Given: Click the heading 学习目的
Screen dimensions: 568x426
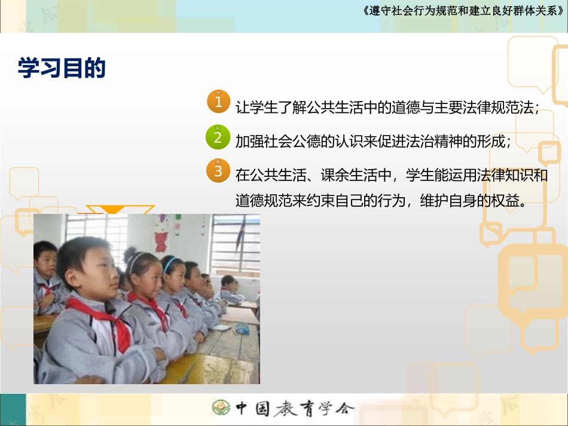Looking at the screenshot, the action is tap(62, 68).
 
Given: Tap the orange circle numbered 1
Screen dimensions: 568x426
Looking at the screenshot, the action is tap(218, 102).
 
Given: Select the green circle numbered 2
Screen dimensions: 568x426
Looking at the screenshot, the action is tap(218, 137).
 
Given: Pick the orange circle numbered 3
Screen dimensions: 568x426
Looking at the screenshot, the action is tap(218, 170).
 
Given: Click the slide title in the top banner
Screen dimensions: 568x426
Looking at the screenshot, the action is tap(463, 11).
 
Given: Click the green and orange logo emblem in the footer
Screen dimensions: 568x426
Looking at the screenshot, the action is tap(221, 407).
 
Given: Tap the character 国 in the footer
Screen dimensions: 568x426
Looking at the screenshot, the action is tap(262, 408).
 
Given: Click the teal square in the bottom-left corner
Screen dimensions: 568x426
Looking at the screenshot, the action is tap(13, 409).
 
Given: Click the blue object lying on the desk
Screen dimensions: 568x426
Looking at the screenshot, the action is tap(242, 329).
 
